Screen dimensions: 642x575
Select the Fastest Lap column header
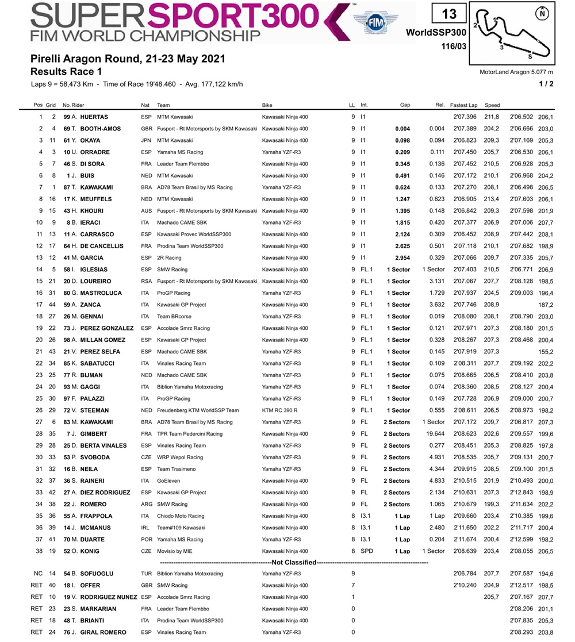(x=464, y=105)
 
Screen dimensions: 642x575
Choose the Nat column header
(x=145, y=105)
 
